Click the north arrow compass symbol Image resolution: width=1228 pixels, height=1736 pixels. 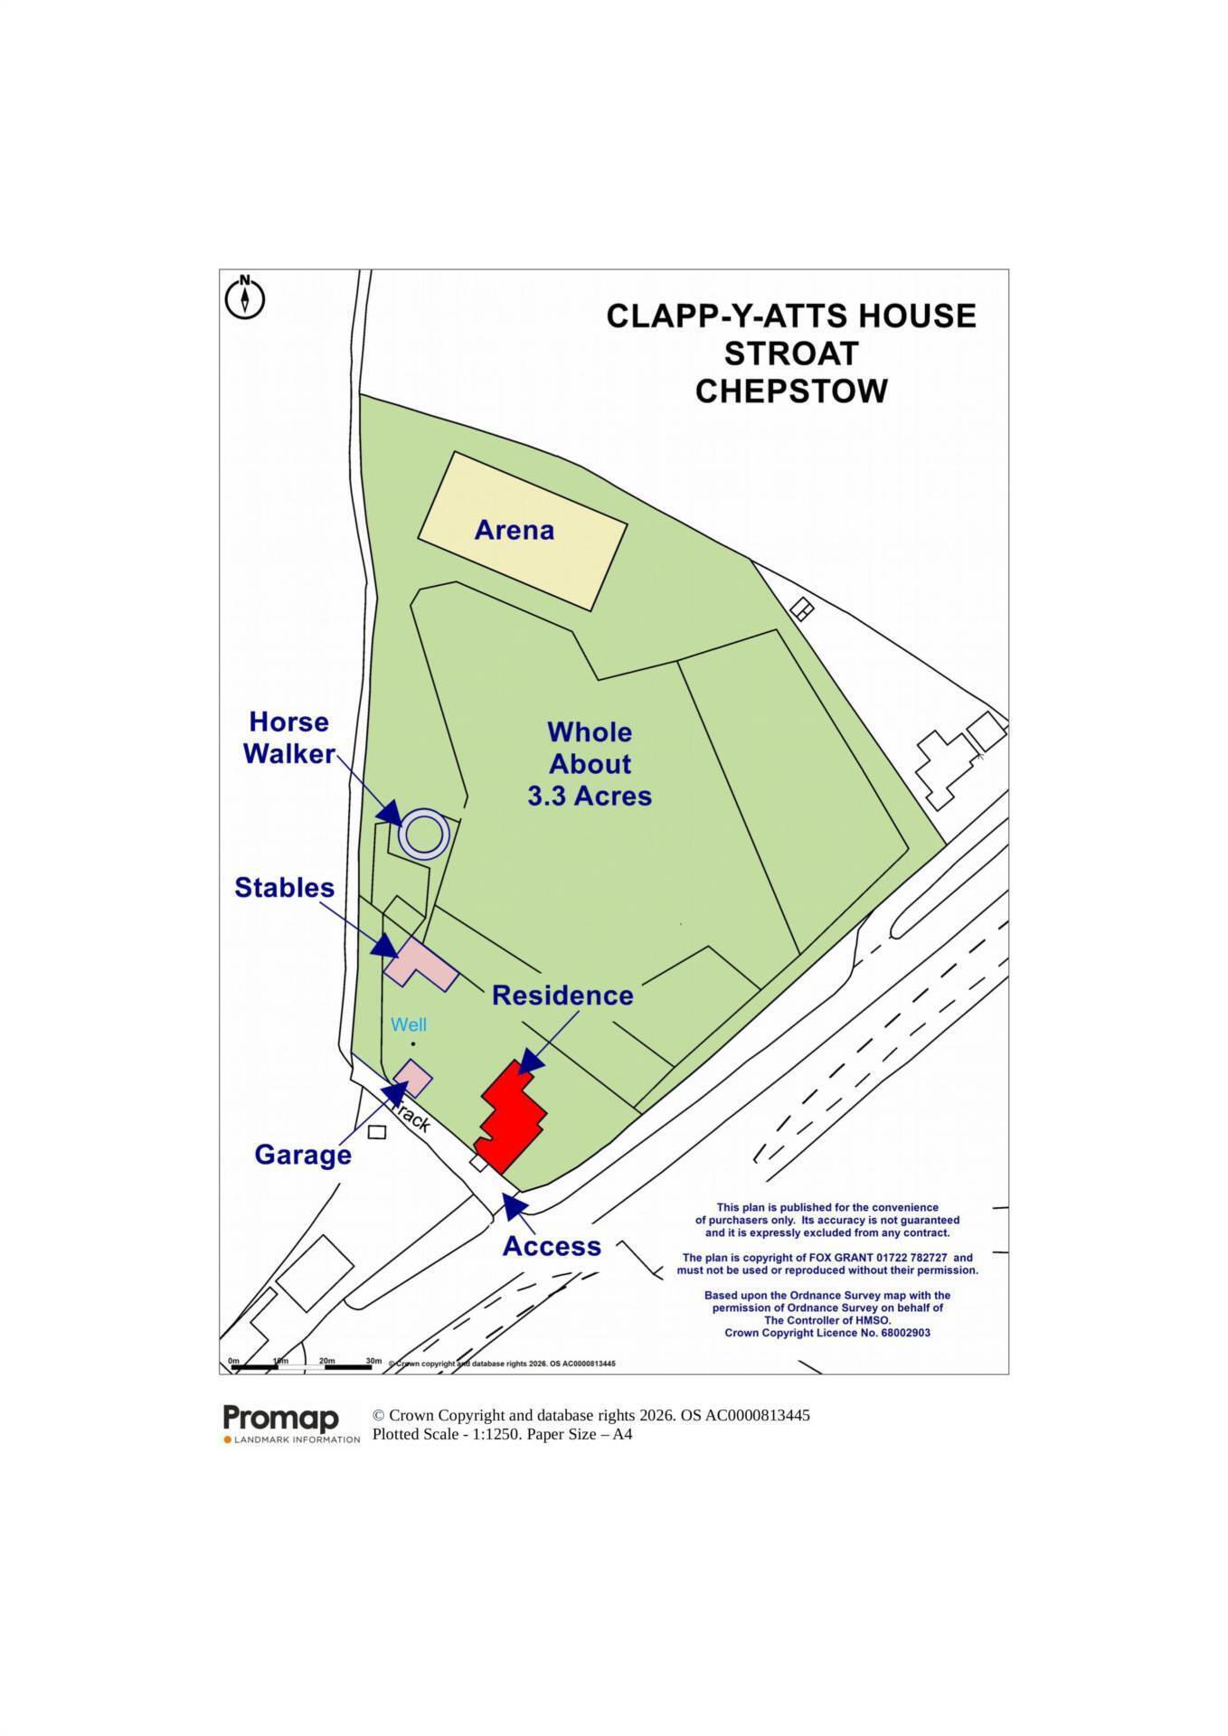[x=244, y=297]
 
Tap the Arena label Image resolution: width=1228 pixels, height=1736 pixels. [x=514, y=530]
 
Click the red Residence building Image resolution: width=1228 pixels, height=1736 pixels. [x=511, y=1118]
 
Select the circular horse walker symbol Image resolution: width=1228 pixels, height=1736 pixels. [x=424, y=835]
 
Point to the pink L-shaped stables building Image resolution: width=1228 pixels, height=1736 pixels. [x=419, y=964]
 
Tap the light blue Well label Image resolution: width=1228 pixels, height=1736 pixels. [x=409, y=1024]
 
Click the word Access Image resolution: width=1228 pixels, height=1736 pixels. [x=552, y=1246]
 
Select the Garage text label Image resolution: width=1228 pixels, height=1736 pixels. [x=303, y=1155]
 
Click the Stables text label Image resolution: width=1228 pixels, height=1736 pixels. [x=285, y=887]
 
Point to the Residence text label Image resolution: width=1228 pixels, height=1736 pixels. [x=562, y=995]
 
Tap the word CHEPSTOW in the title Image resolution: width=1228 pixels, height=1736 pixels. [x=791, y=392]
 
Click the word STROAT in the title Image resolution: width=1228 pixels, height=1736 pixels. [x=791, y=354]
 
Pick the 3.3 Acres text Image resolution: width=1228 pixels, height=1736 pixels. [x=590, y=796]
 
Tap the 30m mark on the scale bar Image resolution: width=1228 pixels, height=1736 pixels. [x=373, y=1360]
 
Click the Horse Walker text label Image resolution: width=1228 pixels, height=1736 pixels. [x=290, y=738]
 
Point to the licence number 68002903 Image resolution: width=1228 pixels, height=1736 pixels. [x=905, y=1333]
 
